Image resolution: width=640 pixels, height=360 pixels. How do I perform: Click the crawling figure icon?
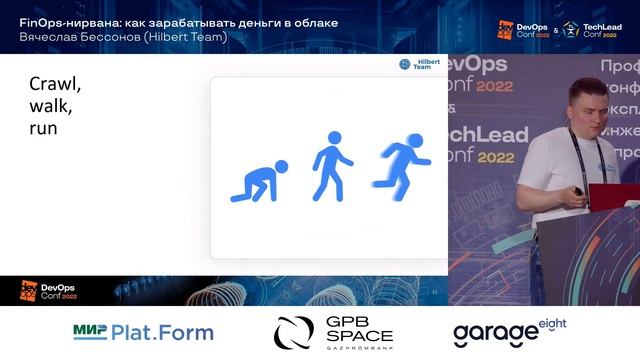pos(259,181)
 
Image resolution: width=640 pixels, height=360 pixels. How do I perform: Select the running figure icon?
pos(401,163)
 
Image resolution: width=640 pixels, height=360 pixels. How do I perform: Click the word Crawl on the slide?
pos(55,85)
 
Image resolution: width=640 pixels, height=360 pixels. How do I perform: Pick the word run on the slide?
pos(43,128)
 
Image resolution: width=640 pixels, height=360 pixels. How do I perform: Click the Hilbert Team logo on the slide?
pos(419,64)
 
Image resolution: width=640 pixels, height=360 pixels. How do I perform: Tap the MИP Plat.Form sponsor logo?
pos(143,332)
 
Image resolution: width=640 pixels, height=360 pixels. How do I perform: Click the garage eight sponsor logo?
pos(509,331)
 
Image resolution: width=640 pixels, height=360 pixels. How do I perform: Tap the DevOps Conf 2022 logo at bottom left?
pos(49,291)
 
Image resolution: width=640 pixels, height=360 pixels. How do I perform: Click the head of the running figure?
pos(414,142)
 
